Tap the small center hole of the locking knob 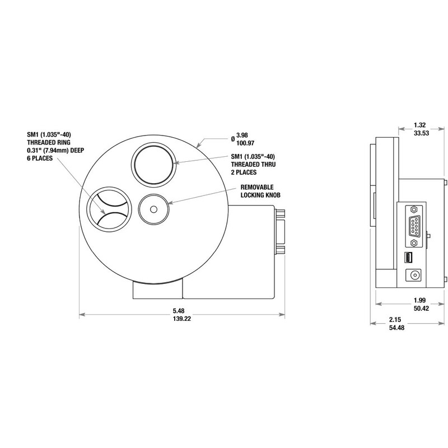(153, 209)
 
